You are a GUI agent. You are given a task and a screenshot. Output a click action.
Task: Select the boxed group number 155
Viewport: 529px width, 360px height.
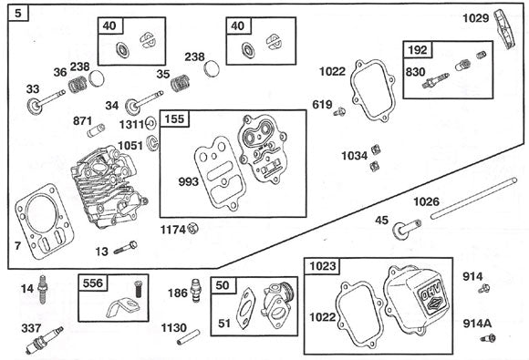pos(174,120)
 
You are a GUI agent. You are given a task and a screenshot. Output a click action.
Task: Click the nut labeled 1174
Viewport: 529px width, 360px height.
pos(192,228)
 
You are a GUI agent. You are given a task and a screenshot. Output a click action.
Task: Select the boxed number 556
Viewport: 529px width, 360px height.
pos(93,283)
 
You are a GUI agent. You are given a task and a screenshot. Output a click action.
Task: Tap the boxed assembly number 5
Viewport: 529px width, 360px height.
pos(19,15)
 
